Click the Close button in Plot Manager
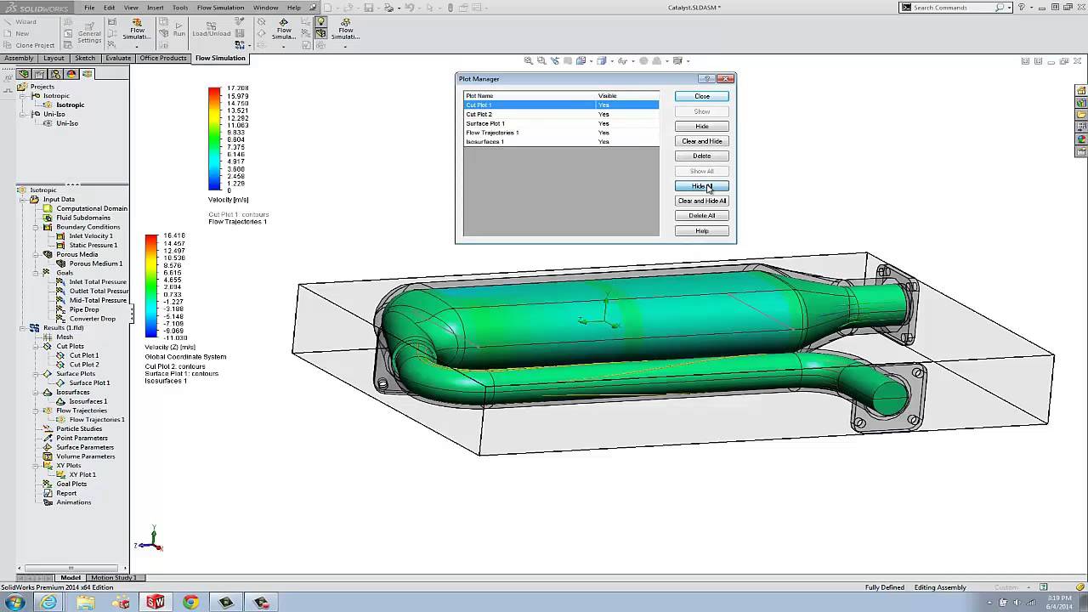(701, 96)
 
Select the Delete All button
(701, 216)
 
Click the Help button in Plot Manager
(701, 231)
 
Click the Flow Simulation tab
(220, 59)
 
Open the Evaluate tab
(118, 59)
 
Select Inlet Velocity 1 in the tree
(91, 236)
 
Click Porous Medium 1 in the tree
(95, 263)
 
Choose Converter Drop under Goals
(92, 319)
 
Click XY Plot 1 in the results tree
(82, 474)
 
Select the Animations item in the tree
(73, 502)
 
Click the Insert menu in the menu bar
(156, 8)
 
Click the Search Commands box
(943, 8)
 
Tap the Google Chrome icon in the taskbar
(190, 602)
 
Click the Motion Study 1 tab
(113, 578)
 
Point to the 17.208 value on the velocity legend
(237, 88)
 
